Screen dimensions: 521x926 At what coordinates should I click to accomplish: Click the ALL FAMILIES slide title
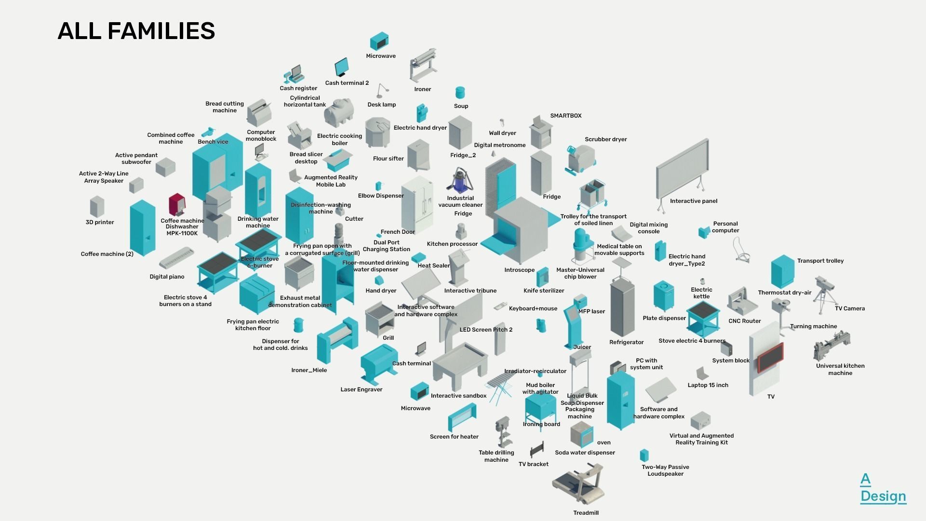pyautogui.click(x=136, y=31)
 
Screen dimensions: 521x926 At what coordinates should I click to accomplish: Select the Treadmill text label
pyautogui.click(x=586, y=513)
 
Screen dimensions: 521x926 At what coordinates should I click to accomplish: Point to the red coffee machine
pyautogui.click(x=177, y=205)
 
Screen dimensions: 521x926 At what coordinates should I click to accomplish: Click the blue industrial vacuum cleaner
pyautogui.click(x=460, y=181)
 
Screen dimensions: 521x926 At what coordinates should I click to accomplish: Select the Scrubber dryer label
pyautogui.click(x=605, y=139)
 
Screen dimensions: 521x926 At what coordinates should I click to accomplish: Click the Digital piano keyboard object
pyautogui.click(x=176, y=258)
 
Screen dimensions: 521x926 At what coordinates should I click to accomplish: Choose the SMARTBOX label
pyautogui.click(x=565, y=116)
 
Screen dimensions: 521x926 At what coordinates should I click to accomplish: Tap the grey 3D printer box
pyautogui.click(x=97, y=206)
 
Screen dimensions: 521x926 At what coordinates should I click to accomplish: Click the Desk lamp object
pyautogui.click(x=383, y=90)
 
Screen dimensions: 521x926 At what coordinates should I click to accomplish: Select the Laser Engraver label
pyautogui.click(x=361, y=389)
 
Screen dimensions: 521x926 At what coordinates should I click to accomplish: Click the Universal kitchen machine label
pyautogui.click(x=840, y=369)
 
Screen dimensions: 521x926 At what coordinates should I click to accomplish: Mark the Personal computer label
pyautogui.click(x=725, y=227)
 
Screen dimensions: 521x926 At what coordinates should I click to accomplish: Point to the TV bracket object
pyautogui.click(x=537, y=450)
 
